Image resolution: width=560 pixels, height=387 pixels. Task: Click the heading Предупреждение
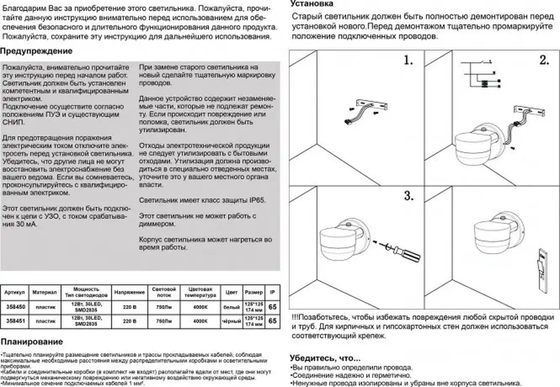tap(36, 51)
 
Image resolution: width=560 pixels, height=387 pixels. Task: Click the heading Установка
tap(312, 4)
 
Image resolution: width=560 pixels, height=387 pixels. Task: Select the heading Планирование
tap(32, 342)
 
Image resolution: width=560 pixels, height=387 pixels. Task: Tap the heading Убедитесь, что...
tap(325, 358)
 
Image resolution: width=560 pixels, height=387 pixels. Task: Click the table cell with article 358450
tap(15, 307)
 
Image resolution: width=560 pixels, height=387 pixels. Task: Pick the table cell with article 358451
tap(15, 321)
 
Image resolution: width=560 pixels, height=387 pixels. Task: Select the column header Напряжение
tap(129, 292)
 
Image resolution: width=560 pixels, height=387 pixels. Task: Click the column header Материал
tap(44, 292)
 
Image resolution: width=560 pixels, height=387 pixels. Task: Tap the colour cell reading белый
tap(231, 307)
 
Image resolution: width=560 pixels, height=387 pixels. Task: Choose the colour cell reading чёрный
tap(231, 321)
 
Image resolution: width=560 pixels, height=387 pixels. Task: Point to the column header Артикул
tap(15, 292)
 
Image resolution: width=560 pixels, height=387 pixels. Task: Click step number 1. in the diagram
tap(408, 60)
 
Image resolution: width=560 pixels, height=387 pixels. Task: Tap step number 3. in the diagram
tap(409, 196)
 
